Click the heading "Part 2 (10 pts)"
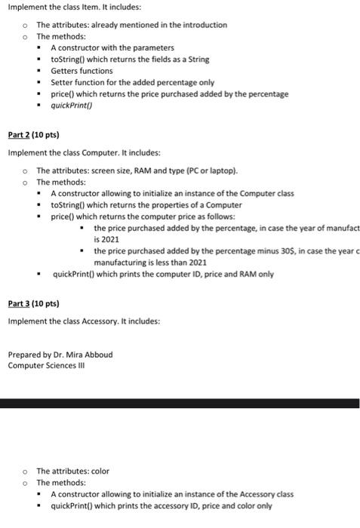(x=33, y=136)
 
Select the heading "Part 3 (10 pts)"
(x=33, y=305)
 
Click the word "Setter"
(x=63, y=82)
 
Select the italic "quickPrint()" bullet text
(x=72, y=106)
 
